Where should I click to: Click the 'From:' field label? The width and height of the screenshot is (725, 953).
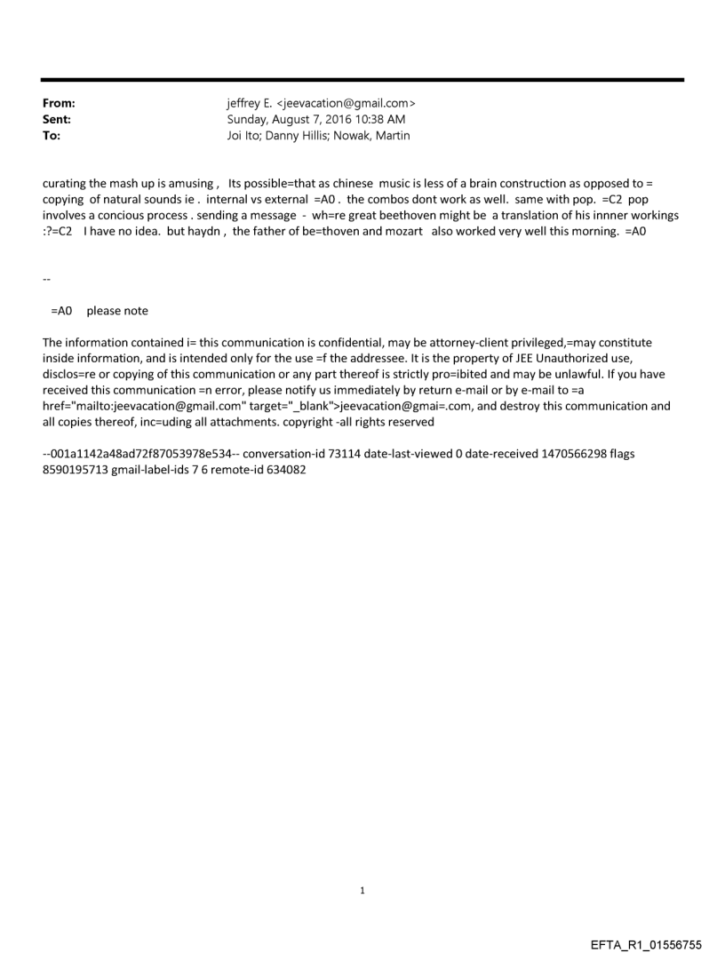[x=58, y=104]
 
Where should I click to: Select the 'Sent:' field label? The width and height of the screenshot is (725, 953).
[x=56, y=120]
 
